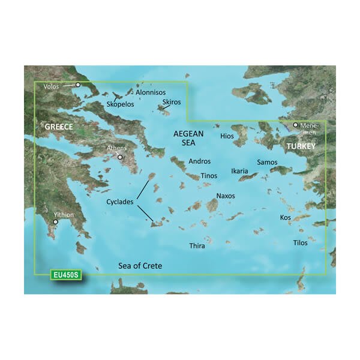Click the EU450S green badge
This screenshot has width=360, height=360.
click(x=65, y=275)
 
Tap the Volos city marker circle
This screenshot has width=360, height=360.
click(x=77, y=85)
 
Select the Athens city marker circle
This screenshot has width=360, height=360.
click(x=121, y=158)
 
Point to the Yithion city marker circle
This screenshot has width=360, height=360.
click(x=55, y=222)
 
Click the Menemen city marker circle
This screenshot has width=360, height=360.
click(x=295, y=125)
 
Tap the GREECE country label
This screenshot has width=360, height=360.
click(x=58, y=127)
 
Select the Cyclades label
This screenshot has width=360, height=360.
click(x=120, y=202)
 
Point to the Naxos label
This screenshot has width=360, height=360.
click(x=226, y=196)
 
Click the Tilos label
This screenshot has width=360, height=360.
click(x=300, y=243)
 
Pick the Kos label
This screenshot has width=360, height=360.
click(x=285, y=217)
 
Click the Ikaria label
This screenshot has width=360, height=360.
click(x=239, y=172)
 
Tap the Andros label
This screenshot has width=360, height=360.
click(x=200, y=161)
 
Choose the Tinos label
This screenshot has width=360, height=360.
click(x=209, y=176)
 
